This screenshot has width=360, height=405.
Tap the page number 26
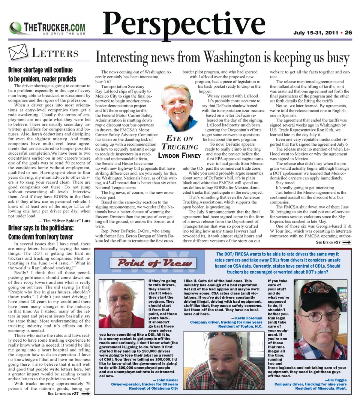point(348,33)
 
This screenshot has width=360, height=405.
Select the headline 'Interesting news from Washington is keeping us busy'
point(222,57)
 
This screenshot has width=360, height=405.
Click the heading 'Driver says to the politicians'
point(40,228)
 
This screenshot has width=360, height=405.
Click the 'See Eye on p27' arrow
point(346,243)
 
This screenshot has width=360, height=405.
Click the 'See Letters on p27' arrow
point(85,394)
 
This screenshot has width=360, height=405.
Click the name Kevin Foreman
point(249,318)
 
